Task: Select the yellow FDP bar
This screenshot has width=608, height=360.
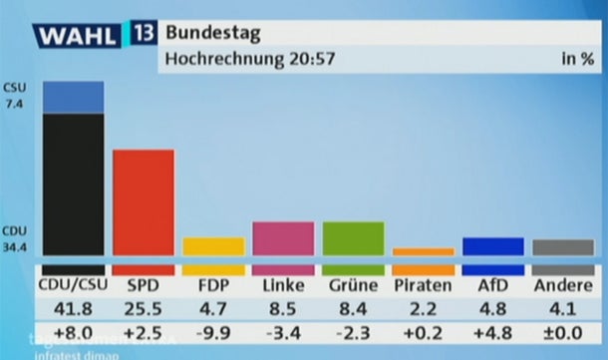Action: [x=213, y=246]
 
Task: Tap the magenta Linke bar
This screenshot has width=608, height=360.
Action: [x=283, y=238]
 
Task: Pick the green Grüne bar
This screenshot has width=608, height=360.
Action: [x=354, y=238]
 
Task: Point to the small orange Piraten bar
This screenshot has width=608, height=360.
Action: [x=423, y=251]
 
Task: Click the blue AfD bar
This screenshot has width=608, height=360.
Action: [x=493, y=246]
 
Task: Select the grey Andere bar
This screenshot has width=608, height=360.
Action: [x=563, y=247]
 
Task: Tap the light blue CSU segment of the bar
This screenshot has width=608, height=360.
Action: [x=73, y=97]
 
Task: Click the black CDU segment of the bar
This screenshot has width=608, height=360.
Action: [x=73, y=184]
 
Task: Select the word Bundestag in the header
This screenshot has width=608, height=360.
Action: [x=213, y=34]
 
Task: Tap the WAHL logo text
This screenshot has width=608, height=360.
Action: [x=78, y=38]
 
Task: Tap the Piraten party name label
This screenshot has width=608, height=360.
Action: [x=423, y=285]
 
